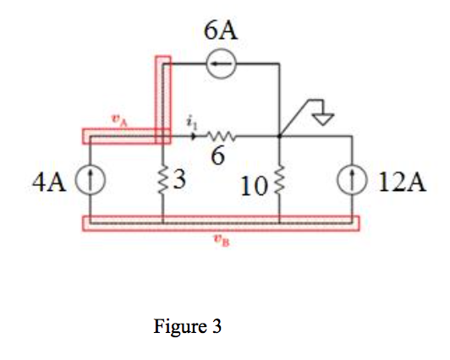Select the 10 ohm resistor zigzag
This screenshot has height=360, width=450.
click(x=279, y=180)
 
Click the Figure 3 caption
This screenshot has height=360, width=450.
click(x=187, y=325)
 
